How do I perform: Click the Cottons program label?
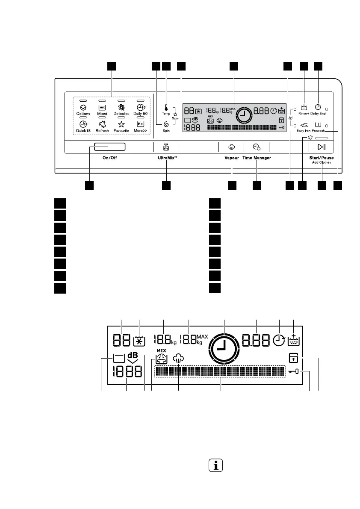coord(83,114)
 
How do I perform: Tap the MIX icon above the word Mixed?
coord(102,108)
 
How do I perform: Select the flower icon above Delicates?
coord(121,108)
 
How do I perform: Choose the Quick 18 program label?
coord(83,131)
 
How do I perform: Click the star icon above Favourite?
coord(121,124)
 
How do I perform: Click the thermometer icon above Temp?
coord(166,108)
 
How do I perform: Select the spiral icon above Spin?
coord(166,124)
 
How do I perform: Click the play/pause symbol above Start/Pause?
coord(322,147)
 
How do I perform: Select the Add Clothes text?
coord(322,163)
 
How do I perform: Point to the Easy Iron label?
coord(303,131)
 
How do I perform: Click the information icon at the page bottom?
coord(216,465)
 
